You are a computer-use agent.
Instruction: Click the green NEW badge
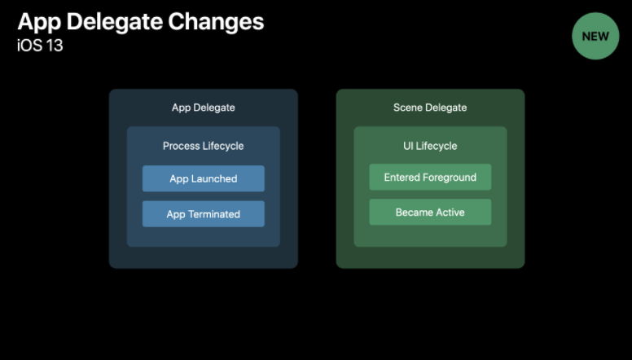point(595,37)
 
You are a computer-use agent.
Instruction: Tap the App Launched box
point(203,178)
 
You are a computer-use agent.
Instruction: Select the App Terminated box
point(203,214)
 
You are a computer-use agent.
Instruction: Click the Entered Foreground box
point(430,177)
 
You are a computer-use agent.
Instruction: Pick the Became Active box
point(430,212)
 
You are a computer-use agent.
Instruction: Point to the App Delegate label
point(203,108)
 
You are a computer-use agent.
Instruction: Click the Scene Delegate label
point(430,108)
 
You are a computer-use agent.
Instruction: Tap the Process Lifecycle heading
point(203,146)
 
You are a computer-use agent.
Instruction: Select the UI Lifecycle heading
point(430,146)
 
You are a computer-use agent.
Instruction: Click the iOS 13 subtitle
point(40,46)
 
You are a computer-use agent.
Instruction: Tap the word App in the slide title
point(37,21)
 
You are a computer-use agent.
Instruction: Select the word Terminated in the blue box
point(214,214)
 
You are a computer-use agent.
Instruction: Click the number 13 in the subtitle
point(53,46)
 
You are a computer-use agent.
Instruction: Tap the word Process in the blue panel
point(182,146)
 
